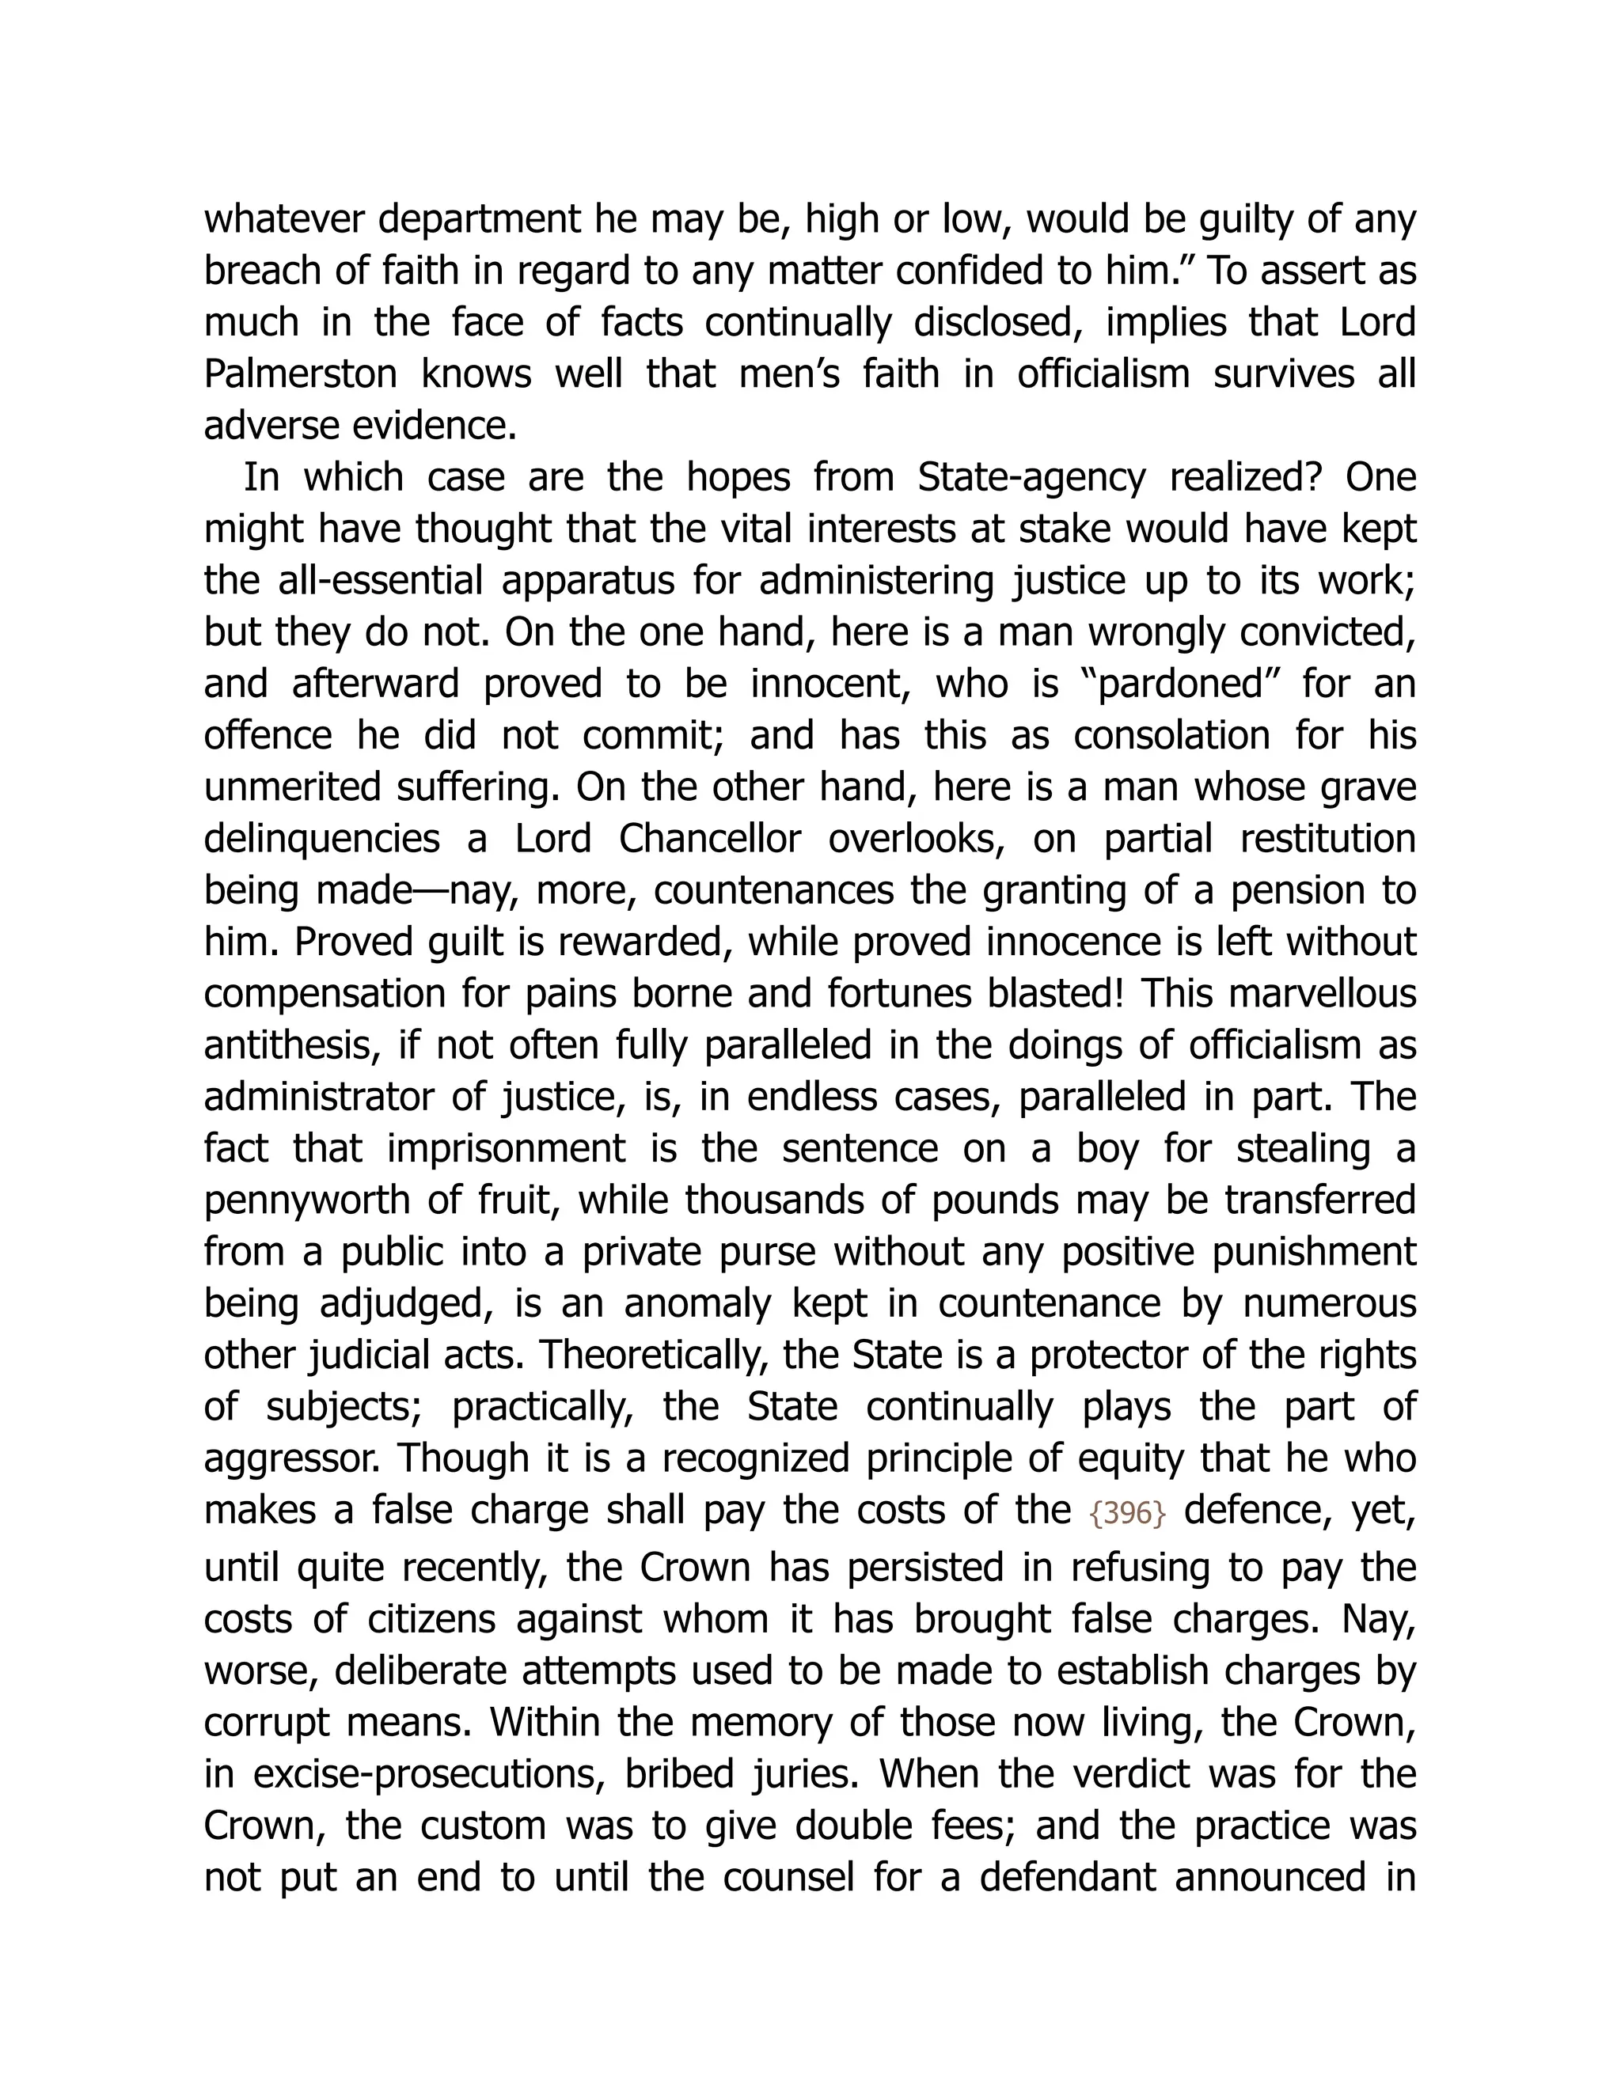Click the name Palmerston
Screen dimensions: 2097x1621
300,374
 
